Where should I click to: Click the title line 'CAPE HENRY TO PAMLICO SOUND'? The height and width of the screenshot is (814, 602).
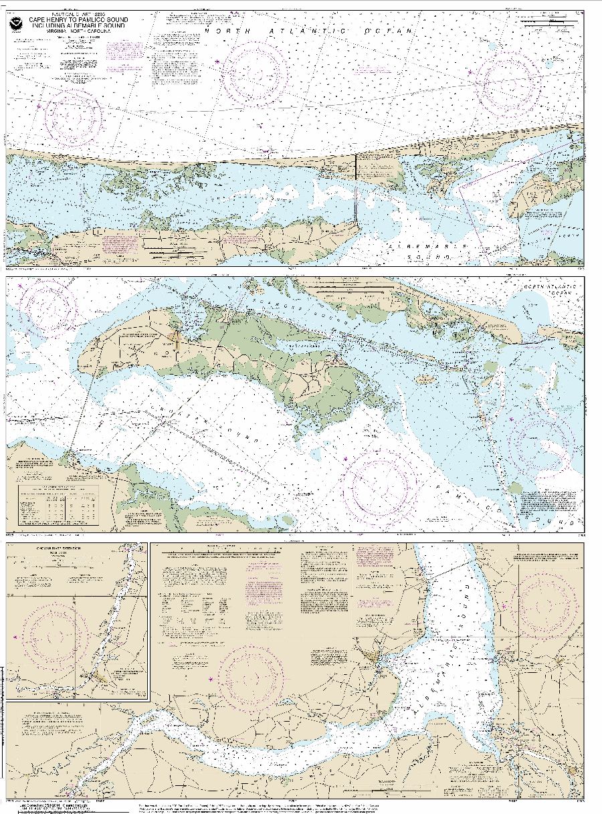(x=74, y=20)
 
